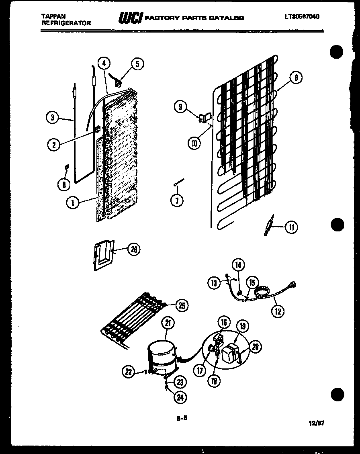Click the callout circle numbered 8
point(296,78)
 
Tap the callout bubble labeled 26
point(134,249)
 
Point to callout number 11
point(291,227)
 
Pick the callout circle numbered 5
point(137,64)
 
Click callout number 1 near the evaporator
point(73,203)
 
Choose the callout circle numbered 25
point(182,306)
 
